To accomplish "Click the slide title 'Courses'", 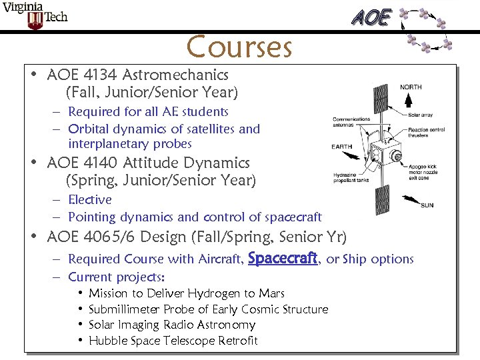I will (239, 47).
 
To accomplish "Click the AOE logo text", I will (371, 18).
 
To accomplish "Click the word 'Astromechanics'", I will (175, 75).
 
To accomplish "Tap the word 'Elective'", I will (90, 199).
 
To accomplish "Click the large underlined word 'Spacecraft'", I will (282, 258).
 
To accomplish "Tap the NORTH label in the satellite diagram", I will (411, 87).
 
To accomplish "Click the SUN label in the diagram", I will (427, 205).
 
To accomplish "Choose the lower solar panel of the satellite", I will (382, 203).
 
